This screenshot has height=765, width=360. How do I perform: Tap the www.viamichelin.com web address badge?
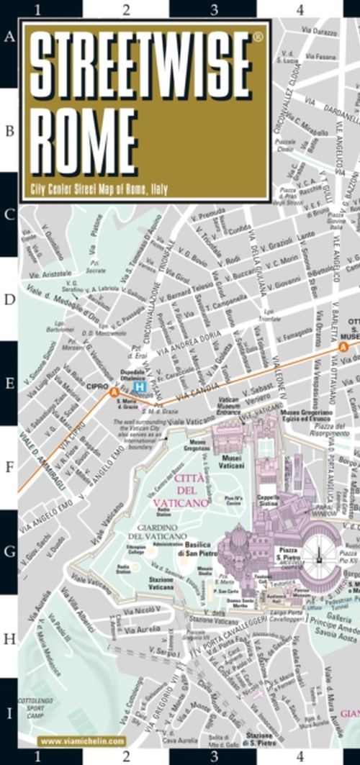pos(82,741)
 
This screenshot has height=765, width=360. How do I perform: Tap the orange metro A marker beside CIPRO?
pos(113,391)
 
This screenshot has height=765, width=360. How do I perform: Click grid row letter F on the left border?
pos(9,468)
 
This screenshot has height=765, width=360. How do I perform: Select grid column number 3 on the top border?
pos(214,9)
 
